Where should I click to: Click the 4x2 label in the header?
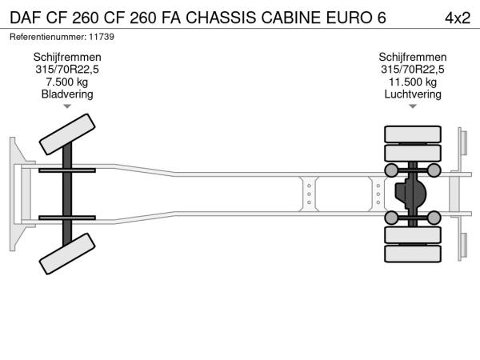click(458, 18)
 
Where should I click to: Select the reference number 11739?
click(102, 37)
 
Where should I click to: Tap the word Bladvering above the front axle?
click(67, 94)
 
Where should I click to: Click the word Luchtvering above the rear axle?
click(413, 94)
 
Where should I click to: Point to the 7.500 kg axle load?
click(67, 82)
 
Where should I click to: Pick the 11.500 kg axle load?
click(413, 82)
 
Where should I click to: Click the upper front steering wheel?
click(67, 134)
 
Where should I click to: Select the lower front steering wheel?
click(67, 254)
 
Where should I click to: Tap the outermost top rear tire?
click(413, 134)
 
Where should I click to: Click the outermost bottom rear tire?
click(413, 254)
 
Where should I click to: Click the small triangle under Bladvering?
click(67, 106)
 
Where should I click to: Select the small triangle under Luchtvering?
click(413, 106)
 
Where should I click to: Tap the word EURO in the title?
click(347, 18)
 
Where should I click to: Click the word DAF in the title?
click(25, 18)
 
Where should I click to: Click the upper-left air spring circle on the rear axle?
click(391, 170)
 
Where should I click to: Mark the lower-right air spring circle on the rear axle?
click(434, 218)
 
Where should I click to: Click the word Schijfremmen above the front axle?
click(67, 57)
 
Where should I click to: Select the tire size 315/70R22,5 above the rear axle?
click(413, 69)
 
